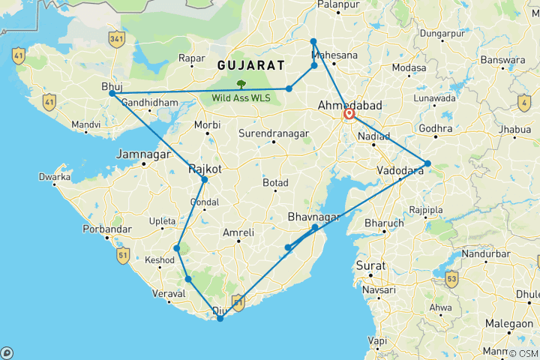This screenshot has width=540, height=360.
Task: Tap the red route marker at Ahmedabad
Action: [x=349, y=115]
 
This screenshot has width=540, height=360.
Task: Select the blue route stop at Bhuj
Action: [x=112, y=94]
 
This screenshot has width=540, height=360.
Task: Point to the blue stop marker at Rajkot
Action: [x=204, y=179]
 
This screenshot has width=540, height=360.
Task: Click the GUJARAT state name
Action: [x=250, y=65]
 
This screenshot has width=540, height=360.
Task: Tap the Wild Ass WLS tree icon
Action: [x=241, y=85]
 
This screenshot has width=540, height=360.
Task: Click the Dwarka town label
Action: [x=55, y=178]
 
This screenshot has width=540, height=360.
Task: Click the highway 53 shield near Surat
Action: [x=451, y=280]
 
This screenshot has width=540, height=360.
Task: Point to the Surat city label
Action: [x=371, y=265]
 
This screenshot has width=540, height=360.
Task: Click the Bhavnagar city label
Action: [x=313, y=217]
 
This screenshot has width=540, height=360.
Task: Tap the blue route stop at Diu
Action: [x=220, y=319]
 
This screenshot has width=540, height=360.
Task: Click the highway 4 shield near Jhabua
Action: [x=523, y=102]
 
